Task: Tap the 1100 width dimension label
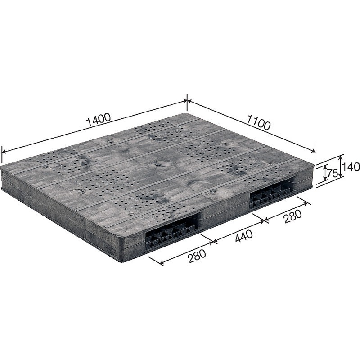258,122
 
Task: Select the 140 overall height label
351,167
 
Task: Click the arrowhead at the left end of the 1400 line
4,151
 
